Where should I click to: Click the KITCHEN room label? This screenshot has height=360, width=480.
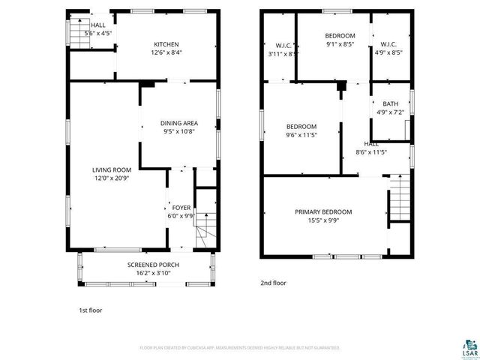click(166, 43)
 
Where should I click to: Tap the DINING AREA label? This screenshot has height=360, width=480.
click(179, 123)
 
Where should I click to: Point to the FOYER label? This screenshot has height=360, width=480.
click(181, 207)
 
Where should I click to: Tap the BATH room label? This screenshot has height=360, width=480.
click(390, 104)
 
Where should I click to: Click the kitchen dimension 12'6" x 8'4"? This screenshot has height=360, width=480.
click(166, 52)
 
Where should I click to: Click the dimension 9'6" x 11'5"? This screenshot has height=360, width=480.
click(301, 135)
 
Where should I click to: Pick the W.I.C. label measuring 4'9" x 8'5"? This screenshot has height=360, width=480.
click(388, 44)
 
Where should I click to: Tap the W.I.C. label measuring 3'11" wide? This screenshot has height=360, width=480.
click(283, 44)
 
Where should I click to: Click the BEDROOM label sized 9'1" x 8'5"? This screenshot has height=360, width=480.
click(340, 36)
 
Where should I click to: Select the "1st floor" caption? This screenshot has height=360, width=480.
click(90, 310)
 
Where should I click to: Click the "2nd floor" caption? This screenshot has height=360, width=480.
click(273, 283)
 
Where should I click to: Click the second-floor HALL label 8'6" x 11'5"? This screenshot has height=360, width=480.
click(371, 143)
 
